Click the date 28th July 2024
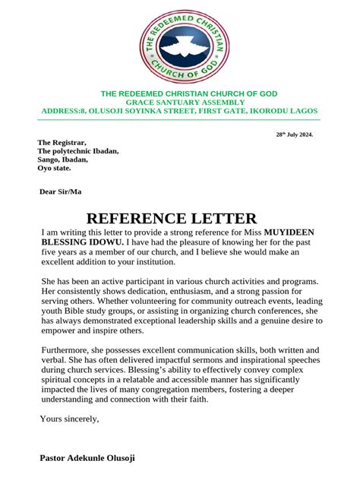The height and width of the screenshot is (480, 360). (294, 134)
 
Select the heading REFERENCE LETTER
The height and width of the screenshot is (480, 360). (172, 218)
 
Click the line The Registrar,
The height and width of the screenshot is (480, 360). (62, 143)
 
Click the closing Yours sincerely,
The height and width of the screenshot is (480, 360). (69, 418)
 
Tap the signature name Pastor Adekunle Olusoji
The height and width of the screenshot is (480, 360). (87, 459)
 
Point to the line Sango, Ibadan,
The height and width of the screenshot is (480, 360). (63, 159)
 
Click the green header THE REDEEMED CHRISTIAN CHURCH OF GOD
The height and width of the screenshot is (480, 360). (190, 93)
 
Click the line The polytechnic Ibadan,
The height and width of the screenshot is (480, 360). (78, 151)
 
